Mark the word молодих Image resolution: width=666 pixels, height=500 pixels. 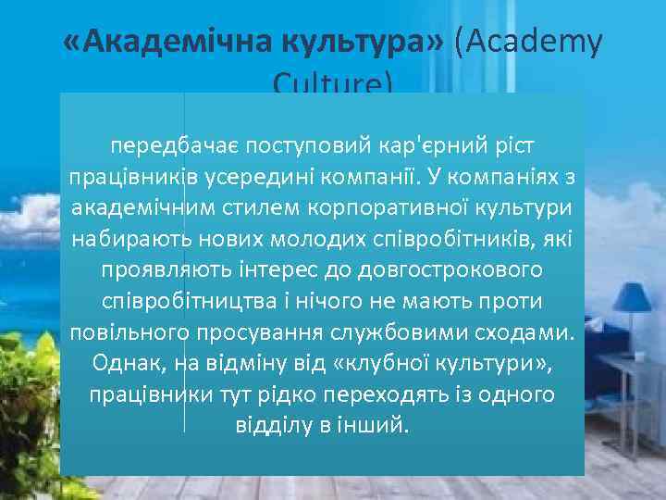pos(318,239)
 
